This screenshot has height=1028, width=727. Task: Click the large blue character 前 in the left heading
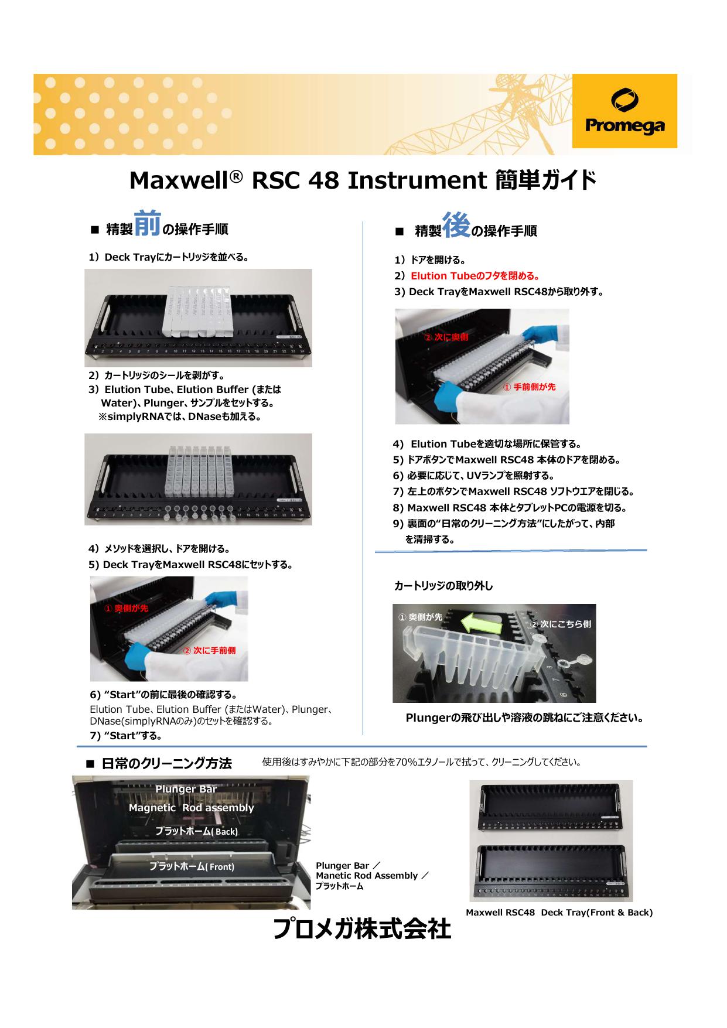click(x=147, y=224)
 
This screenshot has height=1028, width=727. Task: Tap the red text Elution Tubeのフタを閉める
click(x=475, y=276)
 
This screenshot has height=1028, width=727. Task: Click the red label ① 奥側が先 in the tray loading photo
click(x=126, y=608)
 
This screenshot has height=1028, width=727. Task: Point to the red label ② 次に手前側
click(x=210, y=651)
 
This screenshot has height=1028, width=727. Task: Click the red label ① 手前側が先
click(x=530, y=387)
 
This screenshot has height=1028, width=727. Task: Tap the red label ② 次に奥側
click(x=446, y=337)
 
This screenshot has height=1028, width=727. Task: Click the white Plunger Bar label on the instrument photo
click(x=186, y=789)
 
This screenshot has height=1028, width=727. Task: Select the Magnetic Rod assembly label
click(x=191, y=808)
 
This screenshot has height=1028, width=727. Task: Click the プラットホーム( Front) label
click(x=192, y=866)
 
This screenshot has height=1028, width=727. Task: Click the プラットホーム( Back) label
click(x=196, y=831)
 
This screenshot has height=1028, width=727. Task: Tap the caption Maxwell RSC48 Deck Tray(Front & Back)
click(x=559, y=912)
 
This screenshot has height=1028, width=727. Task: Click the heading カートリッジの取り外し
click(x=443, y=586)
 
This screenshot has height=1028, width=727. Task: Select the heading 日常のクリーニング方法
click(x=166, y=763)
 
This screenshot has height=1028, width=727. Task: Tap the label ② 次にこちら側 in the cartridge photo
click(x=561, y=624)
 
